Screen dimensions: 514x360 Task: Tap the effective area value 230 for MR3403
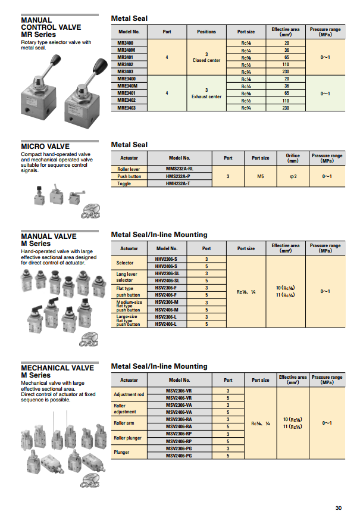286,71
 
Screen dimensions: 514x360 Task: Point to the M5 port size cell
261,176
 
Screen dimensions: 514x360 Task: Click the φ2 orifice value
293,176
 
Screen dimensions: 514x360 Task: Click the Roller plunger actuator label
128,438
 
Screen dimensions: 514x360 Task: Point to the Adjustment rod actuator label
129,394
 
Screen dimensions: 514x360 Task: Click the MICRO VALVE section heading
45,146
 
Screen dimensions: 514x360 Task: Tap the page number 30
339,507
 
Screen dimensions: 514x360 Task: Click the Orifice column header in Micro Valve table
293,158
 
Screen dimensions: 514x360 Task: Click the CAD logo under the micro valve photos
90,211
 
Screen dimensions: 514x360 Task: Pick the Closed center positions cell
206,57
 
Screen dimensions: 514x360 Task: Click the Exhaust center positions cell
206,94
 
